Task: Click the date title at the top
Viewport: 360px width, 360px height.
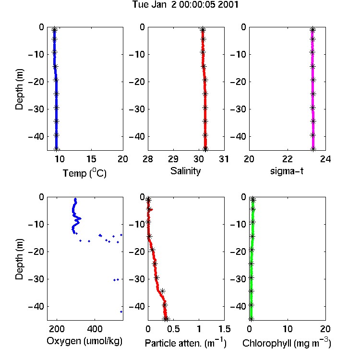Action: point(185,4)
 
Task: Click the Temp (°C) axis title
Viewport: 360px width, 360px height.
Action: point(84,173)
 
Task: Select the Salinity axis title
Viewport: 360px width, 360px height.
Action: point(185,171)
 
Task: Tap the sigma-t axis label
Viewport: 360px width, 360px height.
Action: point(287,171)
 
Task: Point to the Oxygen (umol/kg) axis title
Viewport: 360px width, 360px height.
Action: point(84,341)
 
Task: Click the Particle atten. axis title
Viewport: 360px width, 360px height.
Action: point(186,343)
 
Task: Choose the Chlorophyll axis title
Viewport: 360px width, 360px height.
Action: point(287,343)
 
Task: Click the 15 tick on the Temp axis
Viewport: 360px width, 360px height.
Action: point(91,159)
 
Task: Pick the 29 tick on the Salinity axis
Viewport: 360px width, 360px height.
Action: point(173,159)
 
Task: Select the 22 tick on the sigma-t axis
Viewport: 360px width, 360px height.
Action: point(288,159)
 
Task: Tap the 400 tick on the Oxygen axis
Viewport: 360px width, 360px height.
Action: point(95,329)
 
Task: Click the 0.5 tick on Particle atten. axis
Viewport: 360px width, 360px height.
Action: point(173,329)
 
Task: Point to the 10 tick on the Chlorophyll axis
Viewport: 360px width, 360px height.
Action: point(288,329)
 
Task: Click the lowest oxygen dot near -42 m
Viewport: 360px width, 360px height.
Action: point(121,312)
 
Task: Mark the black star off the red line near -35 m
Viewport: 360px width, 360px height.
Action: point(163,291)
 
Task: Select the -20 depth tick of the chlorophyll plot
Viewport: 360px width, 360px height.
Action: point(238,252)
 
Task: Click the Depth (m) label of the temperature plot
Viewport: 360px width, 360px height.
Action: point(19,89)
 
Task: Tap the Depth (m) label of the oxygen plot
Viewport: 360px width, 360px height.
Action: point(19,259)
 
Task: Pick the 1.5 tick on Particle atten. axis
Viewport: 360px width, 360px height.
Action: point(224,329)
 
